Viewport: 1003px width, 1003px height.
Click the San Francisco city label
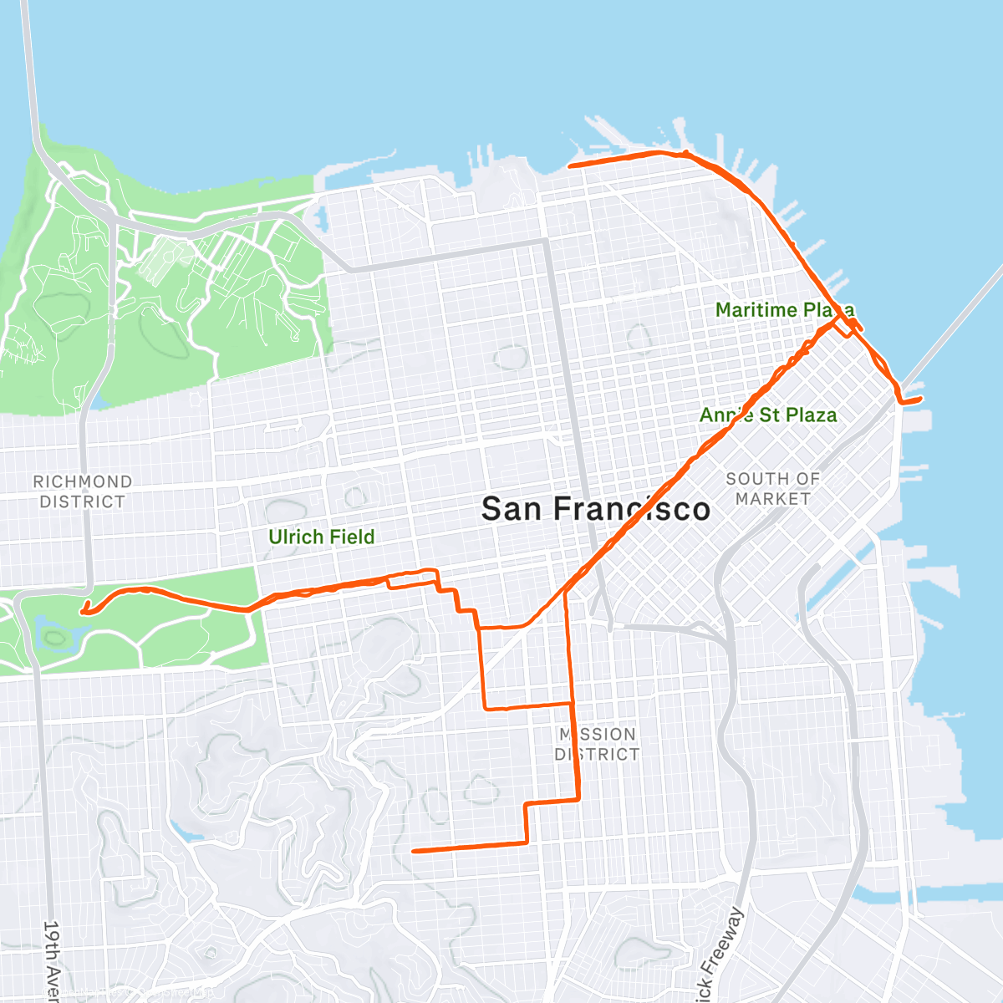[x=596, y=509]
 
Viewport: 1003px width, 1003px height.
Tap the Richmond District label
[x=82, y=491]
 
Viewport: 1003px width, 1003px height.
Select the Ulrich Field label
[x=321, y=537]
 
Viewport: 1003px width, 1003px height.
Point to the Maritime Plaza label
[x=784, y=310]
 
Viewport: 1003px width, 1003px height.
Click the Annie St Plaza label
[x=767, y=415]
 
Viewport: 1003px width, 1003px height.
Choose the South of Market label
[x=772, y=489]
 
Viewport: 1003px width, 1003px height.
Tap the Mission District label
[x=597, y=744]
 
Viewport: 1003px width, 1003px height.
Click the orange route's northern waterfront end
[x=570, y=166]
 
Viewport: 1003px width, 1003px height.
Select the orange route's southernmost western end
[x=414, y=851]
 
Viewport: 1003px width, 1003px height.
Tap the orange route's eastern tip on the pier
[x=920, y=400]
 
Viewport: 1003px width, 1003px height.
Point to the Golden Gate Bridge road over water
[x=30, y=75]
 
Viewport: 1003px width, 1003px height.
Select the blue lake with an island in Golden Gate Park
[x=53, y=636]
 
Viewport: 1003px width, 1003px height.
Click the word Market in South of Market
[x=772, y=499]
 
